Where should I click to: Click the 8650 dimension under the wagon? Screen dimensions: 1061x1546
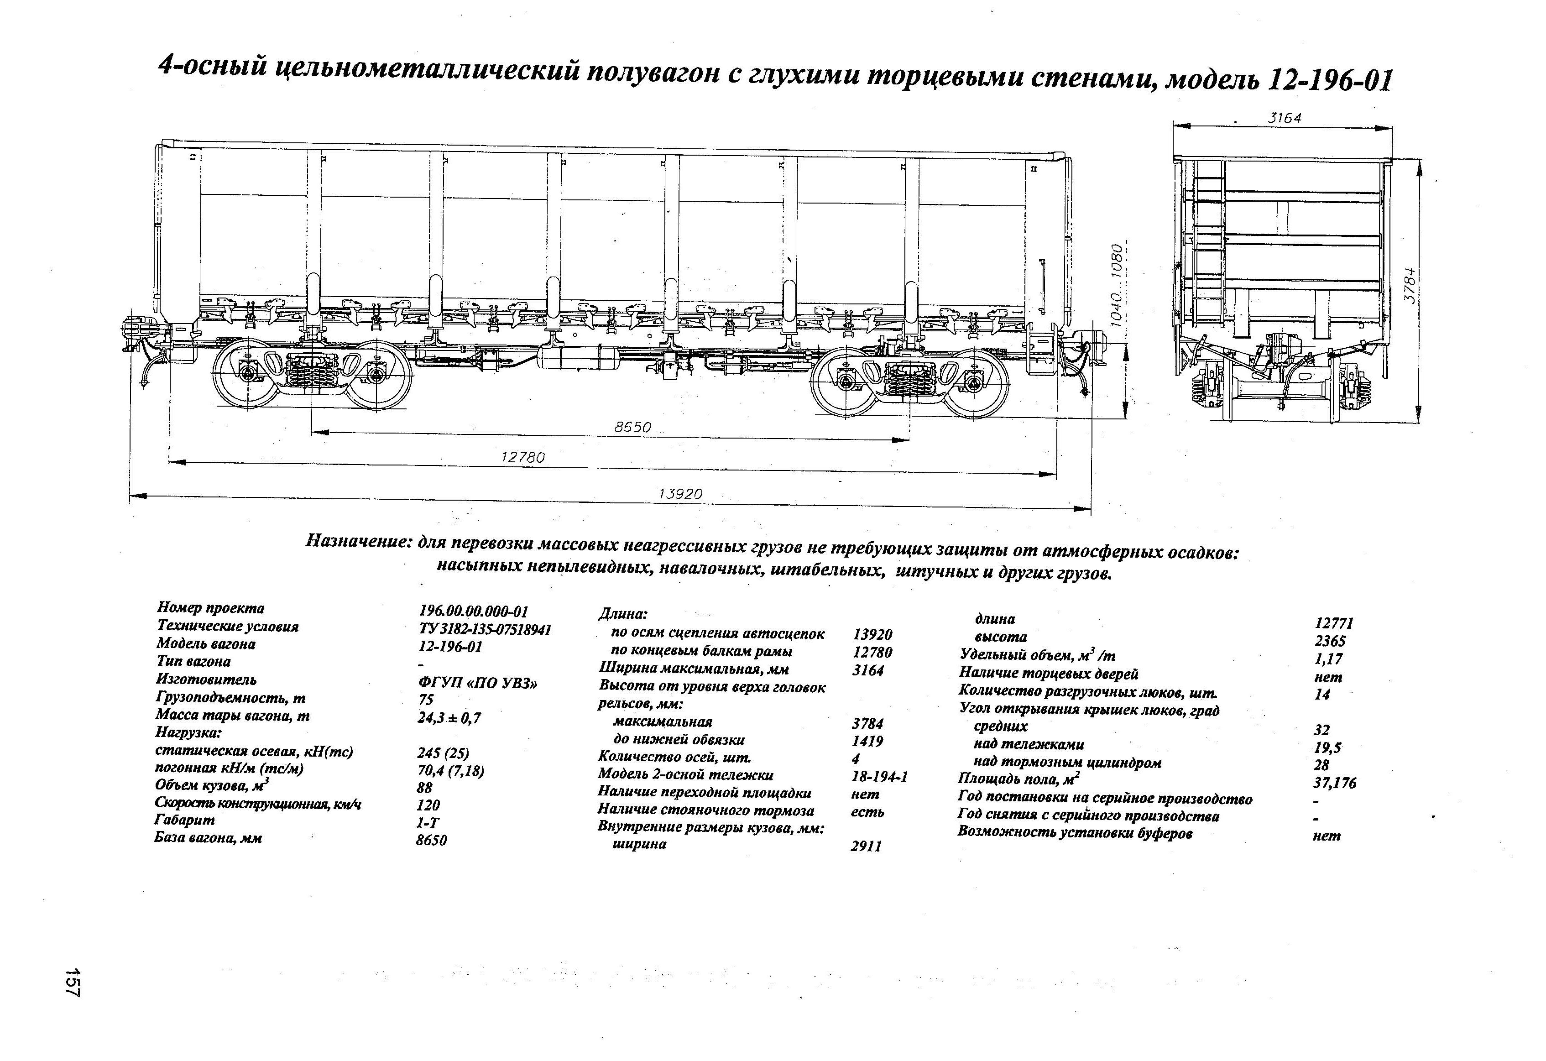(632, 428)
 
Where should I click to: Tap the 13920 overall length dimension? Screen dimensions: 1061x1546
(680, 494)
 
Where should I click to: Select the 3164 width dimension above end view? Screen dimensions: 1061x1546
(1284, 118)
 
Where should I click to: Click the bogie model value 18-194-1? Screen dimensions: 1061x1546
(879, 776)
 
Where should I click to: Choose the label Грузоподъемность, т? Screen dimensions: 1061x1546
(230, 698)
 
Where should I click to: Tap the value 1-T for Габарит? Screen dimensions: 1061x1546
(428, 822)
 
